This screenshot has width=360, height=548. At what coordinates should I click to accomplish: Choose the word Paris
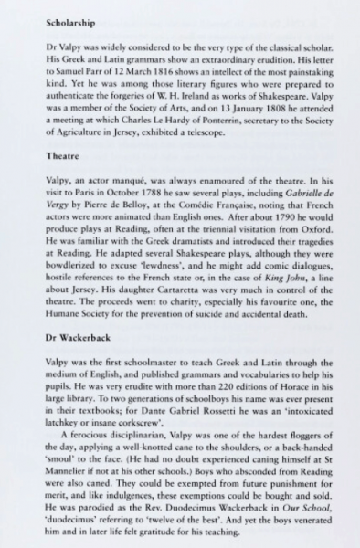click(86, 195)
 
